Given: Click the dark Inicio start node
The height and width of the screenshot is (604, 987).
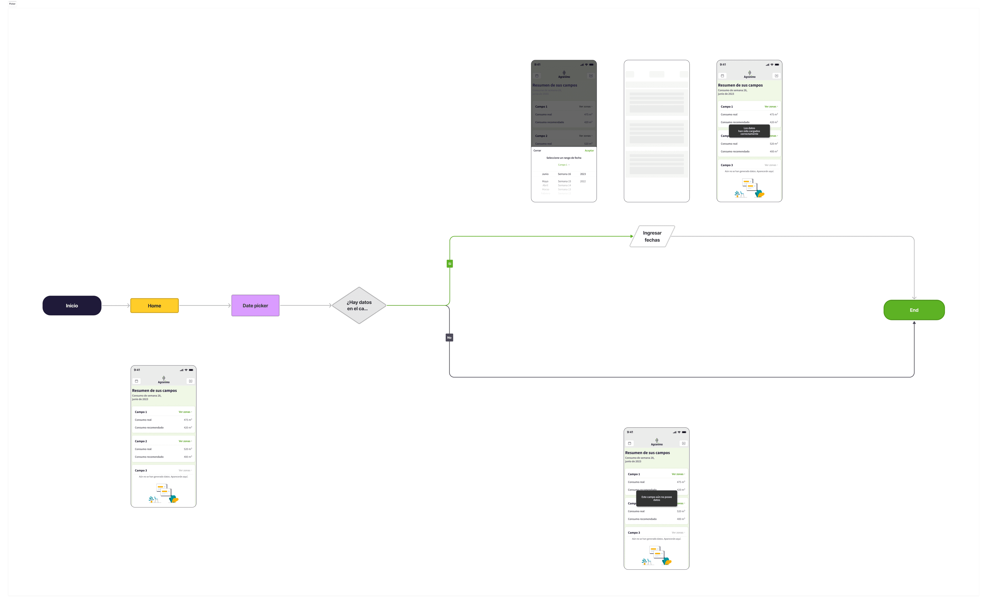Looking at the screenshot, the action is coord(72,305).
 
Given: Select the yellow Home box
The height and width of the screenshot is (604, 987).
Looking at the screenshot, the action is coord(154,305).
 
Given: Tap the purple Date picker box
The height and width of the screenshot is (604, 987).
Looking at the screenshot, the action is coord(255,305).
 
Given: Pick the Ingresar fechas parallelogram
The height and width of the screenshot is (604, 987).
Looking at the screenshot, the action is coord(652,236).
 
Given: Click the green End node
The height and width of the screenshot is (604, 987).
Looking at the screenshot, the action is coord(914,310).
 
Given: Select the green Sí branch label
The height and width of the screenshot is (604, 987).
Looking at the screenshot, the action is coord(449,264).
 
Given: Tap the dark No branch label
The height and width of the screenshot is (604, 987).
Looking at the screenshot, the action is coord(449,338).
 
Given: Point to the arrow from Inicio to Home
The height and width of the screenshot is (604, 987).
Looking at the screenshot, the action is coord(116,305).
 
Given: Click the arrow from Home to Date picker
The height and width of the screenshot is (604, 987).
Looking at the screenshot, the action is coord(205,305).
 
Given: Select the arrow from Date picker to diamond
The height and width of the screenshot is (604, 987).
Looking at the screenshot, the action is coord(306,305).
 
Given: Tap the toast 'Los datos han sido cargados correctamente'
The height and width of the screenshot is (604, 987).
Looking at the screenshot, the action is coord(749,131).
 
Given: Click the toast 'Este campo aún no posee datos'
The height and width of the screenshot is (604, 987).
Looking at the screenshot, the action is coord(657,498).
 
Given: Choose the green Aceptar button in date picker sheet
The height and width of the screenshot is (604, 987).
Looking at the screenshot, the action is coord(589,151).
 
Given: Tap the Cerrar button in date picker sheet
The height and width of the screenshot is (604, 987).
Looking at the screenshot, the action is coord(537,151).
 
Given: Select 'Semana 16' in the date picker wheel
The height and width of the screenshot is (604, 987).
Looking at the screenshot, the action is coord(564,174).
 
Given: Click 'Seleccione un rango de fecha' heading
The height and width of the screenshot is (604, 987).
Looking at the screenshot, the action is coord(564,158).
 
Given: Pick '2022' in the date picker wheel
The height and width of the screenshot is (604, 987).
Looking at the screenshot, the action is coord(583,181).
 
